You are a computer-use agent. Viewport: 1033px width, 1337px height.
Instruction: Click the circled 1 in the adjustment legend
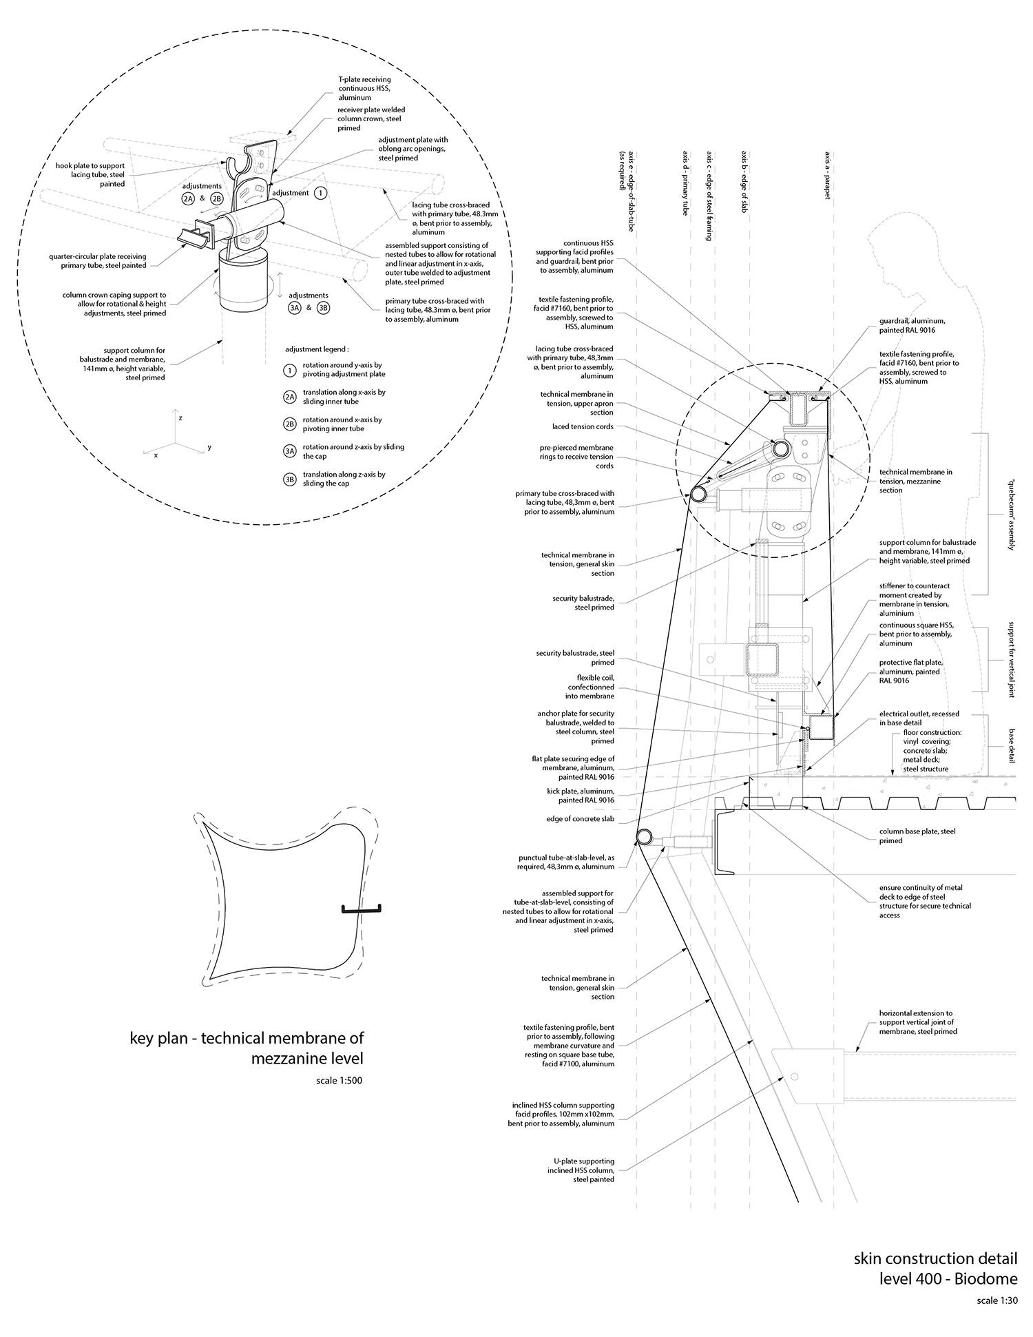pyautogui.click(x=290, y=369)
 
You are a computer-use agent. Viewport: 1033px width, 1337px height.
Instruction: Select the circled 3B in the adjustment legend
pyautogui.click(x=290, y=479)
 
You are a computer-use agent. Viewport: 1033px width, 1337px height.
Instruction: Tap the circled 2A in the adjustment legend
pyautogui.click(x=290, y=397)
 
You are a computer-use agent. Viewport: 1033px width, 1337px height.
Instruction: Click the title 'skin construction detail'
pyautogui.click(x=935, y=1258)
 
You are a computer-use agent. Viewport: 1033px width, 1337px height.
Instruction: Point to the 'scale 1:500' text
pyautogui.click(x=339, y=1080)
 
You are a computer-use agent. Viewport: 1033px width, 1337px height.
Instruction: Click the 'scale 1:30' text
pyautogui.click(x=997, y=1301)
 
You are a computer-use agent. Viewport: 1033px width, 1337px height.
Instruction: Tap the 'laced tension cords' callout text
pyautogui.click(x=583, y=426)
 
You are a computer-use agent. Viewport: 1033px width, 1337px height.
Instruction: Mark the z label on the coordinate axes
pyautogui.click(x=180, y=418)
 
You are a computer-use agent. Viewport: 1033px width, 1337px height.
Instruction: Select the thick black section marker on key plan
pyautogui.click(x=362, y=910)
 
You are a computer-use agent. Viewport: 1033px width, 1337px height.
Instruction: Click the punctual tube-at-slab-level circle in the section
pyautogui.click(x=644, y=837)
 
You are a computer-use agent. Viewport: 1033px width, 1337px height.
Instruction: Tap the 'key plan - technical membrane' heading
pyautogui.click(x=247, y=1047)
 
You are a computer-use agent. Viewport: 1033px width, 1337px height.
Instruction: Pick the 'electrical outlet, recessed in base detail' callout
pyautogui.click(x=919, y=718)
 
